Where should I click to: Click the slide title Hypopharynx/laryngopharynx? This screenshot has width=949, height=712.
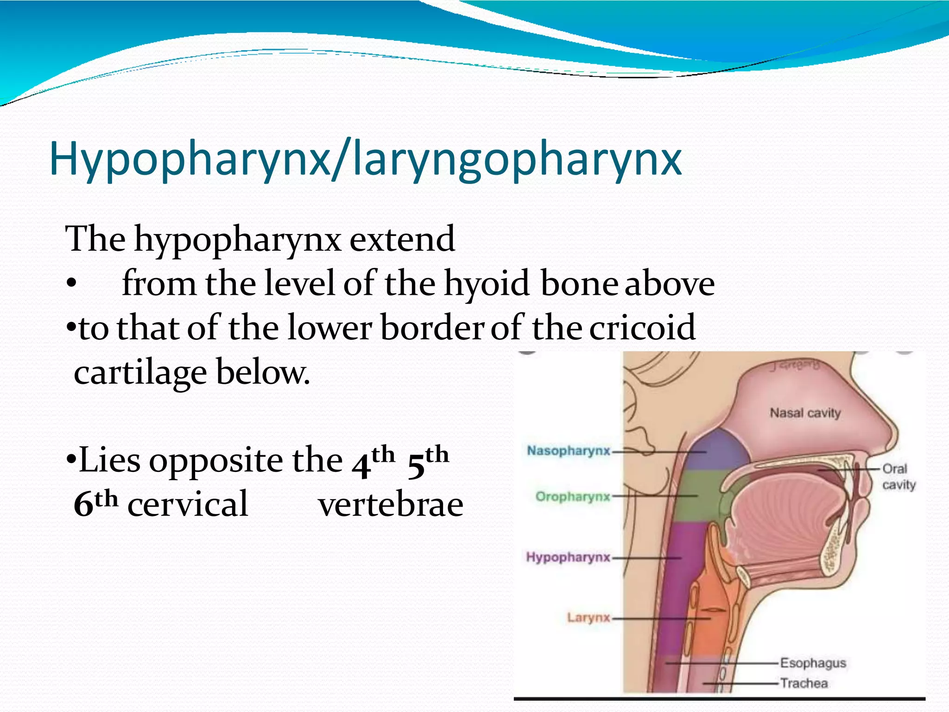click(365, 159)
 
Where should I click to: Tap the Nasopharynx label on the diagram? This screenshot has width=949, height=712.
click(569, 451)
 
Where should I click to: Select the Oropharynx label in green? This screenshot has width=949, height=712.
click(573, 496)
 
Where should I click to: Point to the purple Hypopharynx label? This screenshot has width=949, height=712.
click(568, 557)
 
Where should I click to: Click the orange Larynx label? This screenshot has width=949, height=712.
click(588, 617)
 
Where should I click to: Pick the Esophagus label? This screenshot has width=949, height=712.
click(813, 663)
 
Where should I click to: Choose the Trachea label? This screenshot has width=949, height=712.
click(803, 683)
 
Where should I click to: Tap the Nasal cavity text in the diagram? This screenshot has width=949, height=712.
click(805, 413)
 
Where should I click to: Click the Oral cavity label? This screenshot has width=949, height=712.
click(898, 477)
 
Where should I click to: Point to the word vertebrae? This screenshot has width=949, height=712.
click(391, 504)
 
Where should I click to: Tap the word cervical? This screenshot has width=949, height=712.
click(188, 504)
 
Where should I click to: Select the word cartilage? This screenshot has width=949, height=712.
click(140, 372)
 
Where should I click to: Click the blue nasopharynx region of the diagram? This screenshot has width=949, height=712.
click(716, 450)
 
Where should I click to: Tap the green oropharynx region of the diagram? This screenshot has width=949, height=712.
click(695, 496)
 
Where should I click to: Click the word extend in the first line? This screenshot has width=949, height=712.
click(402, 239)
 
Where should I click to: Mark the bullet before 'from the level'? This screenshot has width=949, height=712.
click(71, 283)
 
